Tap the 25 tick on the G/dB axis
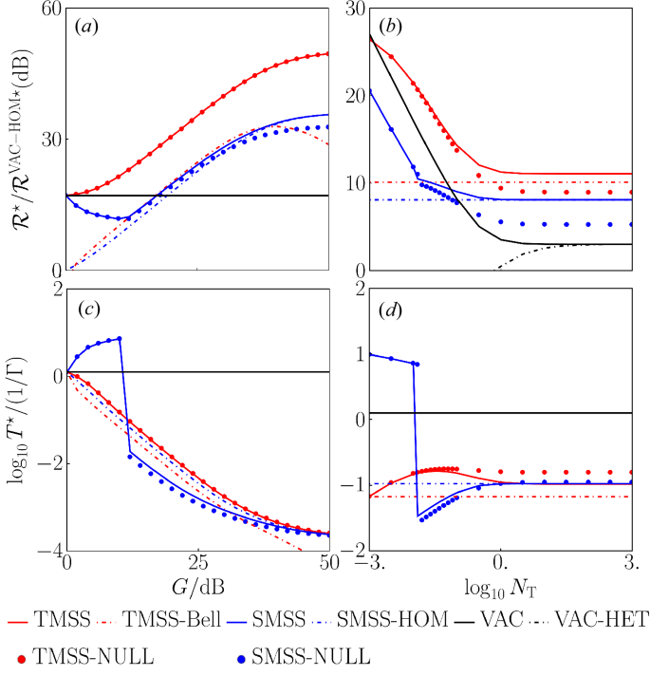tap(197, 561)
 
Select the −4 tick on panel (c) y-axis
tap(44, 551)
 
